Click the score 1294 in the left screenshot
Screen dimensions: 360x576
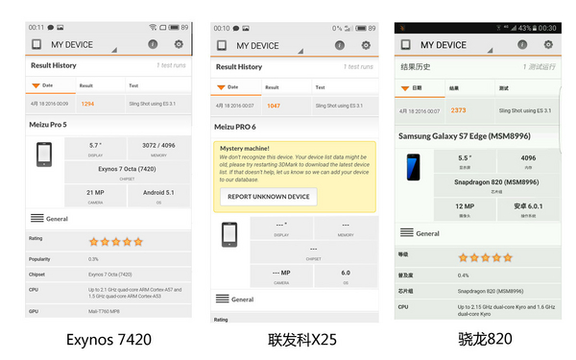tap(87, 103)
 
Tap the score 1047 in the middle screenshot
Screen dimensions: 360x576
tap(274, 106)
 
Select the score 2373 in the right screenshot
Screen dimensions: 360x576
tap(459, 110)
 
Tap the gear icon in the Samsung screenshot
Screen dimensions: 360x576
tap(543, 44)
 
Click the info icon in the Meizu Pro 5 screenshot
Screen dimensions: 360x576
tap(153, 44)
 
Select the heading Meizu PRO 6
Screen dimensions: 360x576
tap(236, 127)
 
